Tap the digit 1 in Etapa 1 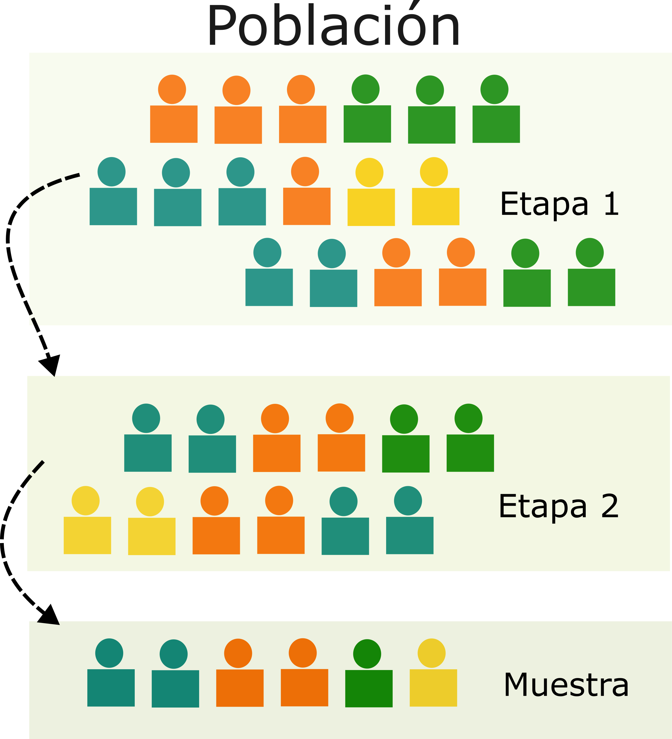pyautogui.click(x=611, y=204)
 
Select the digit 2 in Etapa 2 pyautogui.click(x=610, y=506)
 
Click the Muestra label pyautogui.click(x=566, y=685)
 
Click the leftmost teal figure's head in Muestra pyautogui.click(x=109, y=653)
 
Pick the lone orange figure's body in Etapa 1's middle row pyautogui.click(x=307, y=206)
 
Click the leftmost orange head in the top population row pyautogui.click(x=172, y=89)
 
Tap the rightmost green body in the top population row pyautogui.click(x=496, y=124)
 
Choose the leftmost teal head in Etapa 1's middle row pyautogui.click(x=111, y=172)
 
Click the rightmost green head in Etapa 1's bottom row pyautogui.click(x=590, y=253)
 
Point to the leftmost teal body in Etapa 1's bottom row pyautogui.click(x=269, y=287)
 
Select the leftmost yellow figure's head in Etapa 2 pyautogui.click(x=85, y=500)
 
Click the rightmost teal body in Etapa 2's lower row pyautogui.click(x=409, y=535)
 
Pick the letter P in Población pyautogui.click(x=222, y=26)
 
